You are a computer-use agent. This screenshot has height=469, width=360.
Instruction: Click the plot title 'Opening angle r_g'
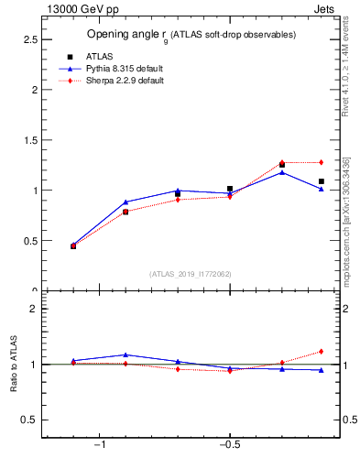pyautogui.click(x=191, y=34)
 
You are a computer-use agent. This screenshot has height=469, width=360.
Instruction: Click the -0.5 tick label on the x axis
pyautogui.click(x=229, y=444)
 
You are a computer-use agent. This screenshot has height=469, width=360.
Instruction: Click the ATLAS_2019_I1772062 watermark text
pyautogui.click(x=191, y=274)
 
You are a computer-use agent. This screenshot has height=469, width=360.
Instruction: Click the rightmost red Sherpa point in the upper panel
pyautogui.click(x=321, y=162)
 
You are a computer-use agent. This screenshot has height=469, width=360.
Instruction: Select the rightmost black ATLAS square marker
pyautogui.click(x=321, y=181)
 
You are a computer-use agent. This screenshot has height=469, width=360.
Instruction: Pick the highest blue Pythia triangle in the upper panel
pyautogui.click(x=282, y=172)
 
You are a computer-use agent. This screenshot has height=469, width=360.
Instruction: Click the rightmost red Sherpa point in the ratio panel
pyautogui.click(x=321, y=351)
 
